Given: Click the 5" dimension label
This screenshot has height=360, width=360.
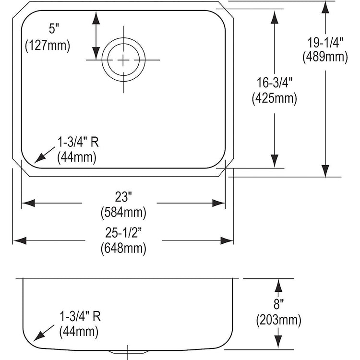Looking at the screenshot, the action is pos(54,29).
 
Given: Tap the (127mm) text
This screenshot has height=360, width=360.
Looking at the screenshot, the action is pos(48,46).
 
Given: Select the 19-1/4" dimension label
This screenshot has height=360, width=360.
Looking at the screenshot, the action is pos(325,42).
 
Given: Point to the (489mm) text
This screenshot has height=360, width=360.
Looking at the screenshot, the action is pos(325,57).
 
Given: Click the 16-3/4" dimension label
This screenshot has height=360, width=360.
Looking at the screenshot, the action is pos(275,83).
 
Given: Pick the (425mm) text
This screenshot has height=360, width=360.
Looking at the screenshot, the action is pos(275,98).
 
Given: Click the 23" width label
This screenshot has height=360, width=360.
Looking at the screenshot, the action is pos(123,197).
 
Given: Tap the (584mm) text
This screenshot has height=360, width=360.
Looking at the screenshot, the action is pos(123,212).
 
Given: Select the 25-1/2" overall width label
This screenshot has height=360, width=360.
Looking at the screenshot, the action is pos(123,233).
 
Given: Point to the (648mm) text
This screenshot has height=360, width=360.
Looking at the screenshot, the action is pos(123,248).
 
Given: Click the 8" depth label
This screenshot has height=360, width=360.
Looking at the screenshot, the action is pos(278,304).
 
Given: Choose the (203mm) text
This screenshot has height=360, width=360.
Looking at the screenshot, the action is pos(278,320).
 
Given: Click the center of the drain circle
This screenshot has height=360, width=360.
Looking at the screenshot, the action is pos(123,60).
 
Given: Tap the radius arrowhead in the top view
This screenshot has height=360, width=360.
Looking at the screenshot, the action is pos(39,159).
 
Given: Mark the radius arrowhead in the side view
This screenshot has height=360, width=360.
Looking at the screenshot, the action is pos(38,336).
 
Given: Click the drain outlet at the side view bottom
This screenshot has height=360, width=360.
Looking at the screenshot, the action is pos(128,352).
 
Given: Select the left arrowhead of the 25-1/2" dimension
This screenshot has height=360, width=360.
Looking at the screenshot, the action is pos(20,240).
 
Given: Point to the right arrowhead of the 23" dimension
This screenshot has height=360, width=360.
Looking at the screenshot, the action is pos(218,203).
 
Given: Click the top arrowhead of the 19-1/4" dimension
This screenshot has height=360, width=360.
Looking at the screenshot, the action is pos(325,7).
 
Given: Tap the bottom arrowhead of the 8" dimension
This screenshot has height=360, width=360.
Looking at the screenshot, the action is pos(278,342).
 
